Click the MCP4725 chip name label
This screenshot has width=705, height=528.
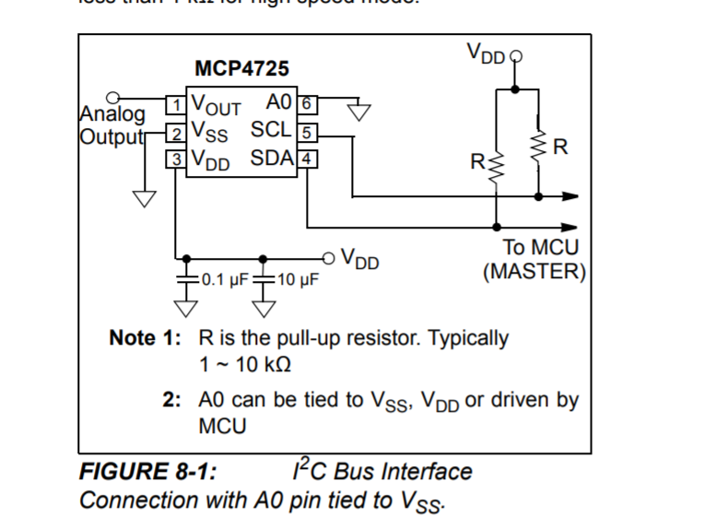tap(241, 69)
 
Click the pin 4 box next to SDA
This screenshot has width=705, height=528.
tap(309, 158)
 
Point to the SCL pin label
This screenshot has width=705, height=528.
tap(271, 130)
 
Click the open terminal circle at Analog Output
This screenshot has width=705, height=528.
tap(113, 96)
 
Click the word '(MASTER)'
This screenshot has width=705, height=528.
tap(535, 272)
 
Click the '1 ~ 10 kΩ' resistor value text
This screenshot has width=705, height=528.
tap(245, 364)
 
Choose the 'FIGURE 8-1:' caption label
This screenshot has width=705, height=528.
tap(148, 473)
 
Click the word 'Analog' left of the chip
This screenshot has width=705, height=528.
tap(113, 116)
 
